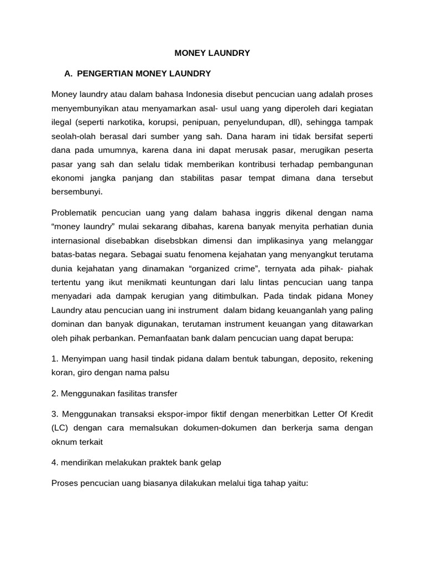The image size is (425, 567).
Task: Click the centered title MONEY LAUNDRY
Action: [x=212, y=53]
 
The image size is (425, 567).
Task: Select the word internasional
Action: [x=76, y=241]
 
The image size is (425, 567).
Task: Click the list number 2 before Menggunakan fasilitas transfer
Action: [x=54, y=393]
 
